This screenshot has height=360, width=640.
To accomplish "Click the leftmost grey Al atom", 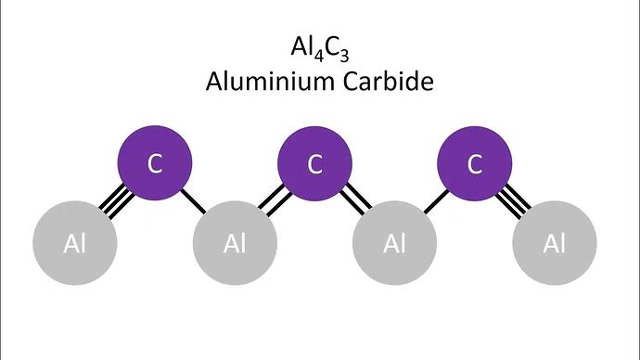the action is (75, 243).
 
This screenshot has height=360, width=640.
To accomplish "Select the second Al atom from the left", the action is (235, 243).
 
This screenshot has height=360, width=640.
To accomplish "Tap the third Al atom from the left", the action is (395, 243).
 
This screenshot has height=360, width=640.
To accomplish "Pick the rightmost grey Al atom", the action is (555, 243).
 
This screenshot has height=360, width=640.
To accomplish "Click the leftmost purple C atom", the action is (155, 163).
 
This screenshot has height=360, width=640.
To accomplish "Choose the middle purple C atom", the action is (314, 163).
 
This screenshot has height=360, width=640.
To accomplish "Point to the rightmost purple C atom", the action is (475, 163).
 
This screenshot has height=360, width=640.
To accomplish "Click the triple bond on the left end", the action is (117, 201).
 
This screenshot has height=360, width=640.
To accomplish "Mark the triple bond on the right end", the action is (513, 201).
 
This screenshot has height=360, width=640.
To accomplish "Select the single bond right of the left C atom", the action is (193, 200).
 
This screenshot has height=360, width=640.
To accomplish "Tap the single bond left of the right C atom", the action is (436, 201).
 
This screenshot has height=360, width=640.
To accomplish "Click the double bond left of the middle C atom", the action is (275, 200).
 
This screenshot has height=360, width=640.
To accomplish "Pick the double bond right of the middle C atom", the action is (354, 200).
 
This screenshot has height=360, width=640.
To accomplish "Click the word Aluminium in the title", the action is (271, 81).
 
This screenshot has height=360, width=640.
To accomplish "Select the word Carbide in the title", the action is (388, 81).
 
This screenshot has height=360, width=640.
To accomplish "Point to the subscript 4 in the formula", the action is (319, 55).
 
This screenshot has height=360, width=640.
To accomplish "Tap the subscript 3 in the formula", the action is (344, 55).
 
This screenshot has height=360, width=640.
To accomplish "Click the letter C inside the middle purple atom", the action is (314, 164).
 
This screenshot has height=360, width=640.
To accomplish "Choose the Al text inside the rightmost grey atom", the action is (555, 244).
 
